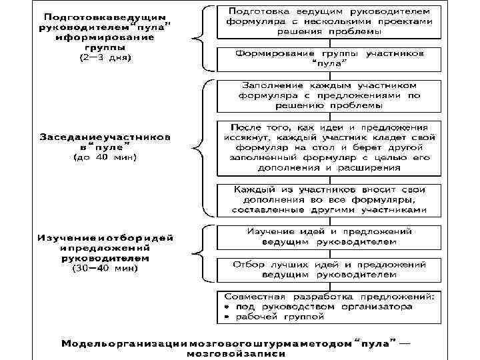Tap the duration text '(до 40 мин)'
coord(105,157)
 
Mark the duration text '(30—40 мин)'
coord(105,268)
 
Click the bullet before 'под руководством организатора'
coord(227,307)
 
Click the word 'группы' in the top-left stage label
coord(105,47)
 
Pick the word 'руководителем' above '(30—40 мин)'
coord(105,257)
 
